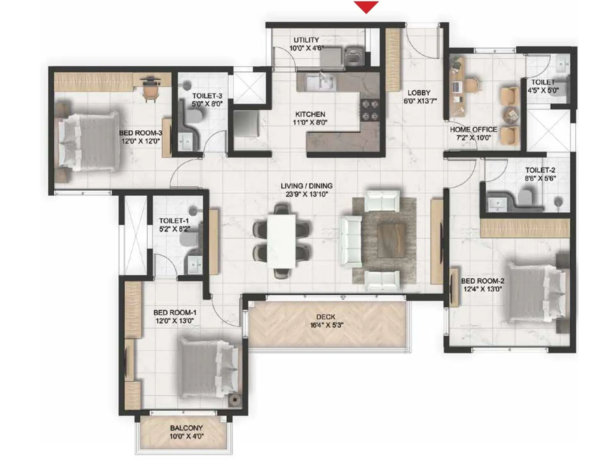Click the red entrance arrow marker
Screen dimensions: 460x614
pos(366,7)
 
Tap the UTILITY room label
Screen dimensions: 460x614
pos(306,40)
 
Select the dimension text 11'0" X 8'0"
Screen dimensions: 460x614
pos(311,123)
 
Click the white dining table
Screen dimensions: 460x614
pos(281,241)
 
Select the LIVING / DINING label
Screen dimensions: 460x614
pos(306,186)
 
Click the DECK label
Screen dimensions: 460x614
pos(326,317)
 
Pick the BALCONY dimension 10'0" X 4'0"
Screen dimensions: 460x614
pos(187,436)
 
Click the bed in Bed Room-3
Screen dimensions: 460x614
pos(89,141)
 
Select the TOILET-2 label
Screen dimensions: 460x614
pos(540,170)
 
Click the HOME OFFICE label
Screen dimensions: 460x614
pos(474,130)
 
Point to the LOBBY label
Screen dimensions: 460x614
pos(419,93)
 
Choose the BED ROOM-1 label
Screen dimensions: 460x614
pos(175,312)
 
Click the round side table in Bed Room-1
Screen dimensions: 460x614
pos(234,400)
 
